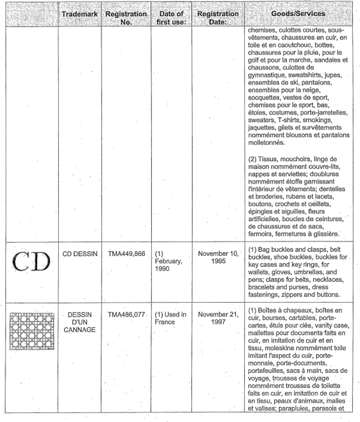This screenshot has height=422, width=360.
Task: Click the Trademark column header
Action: [80, 13]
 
